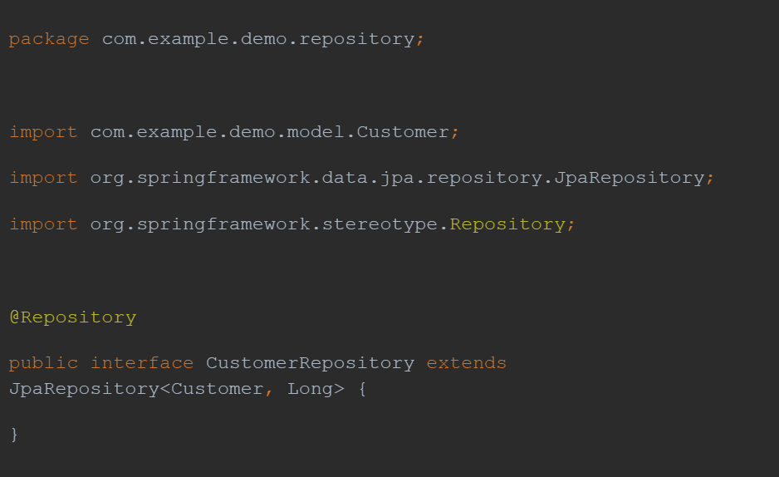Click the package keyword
click(x=49, y=40)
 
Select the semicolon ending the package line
click(x=420, y=40)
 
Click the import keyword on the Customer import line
click(x=44, y=132)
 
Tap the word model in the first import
click(x=316, y=131)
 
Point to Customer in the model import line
click(x=403, y=131)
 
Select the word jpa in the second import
click(x=398, y=179)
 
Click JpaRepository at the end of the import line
click(x=630, y=179)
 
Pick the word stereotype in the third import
click(x=380, y=224)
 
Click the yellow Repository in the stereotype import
click(x=507, y=224)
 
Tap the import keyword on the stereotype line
click(x=44, y=224)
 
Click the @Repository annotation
click(x=72, y=317)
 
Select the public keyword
click(x=44, y=364)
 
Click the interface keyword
click(x=142, y=363)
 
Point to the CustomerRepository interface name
click(x=310, y=364)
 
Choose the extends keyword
click(x=467, y=363)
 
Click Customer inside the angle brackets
click(x=217, y=389)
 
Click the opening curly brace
click(x=362, y=389)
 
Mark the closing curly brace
click(x=14, y=435)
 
